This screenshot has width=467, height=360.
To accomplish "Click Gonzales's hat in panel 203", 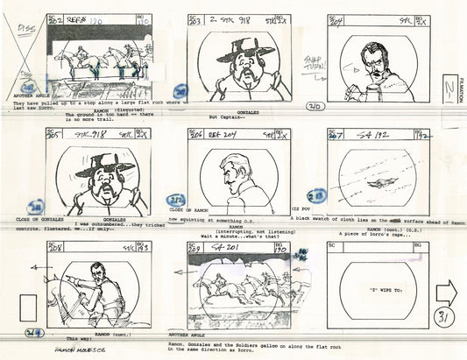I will (x=239, y=49).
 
